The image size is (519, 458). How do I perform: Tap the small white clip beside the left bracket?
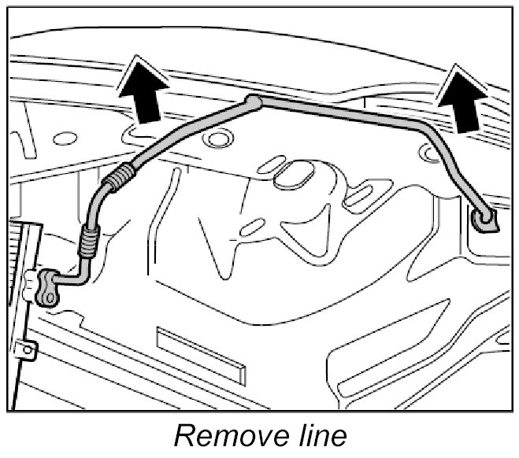click(29, 279)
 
